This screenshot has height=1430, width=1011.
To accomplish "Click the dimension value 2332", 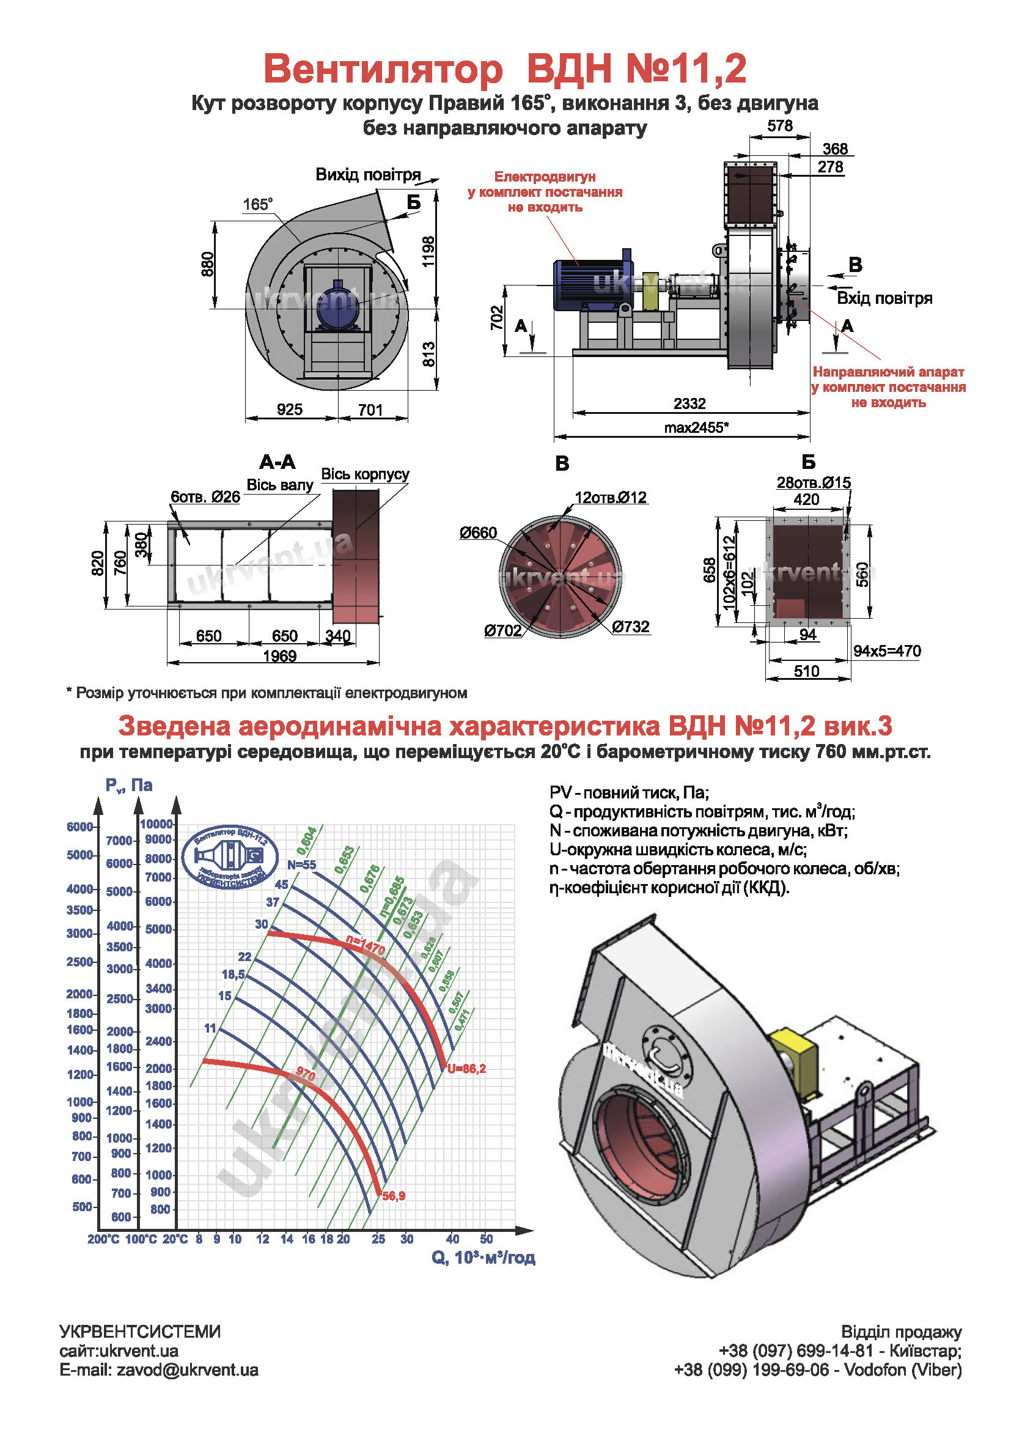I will (x=689, y=404).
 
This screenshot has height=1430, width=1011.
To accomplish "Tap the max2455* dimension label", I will (x=696, y=427).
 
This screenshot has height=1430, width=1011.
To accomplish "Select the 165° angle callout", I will (x=257, y=204).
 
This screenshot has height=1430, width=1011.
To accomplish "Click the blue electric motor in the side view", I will (x=589, y=284).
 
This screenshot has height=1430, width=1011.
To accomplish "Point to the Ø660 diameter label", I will (x=478, y=533).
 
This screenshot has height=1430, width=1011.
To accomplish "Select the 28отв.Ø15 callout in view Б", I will (x=813, y=482).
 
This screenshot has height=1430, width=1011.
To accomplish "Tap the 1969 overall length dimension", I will (x=279, y=656).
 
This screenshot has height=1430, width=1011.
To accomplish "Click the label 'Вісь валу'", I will (x=279, y=485).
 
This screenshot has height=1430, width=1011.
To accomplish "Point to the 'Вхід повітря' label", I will (x=884, y=298).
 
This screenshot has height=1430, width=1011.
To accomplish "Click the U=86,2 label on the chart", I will (x=466, y=1069).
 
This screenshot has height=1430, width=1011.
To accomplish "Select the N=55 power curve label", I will (x=301, y=865).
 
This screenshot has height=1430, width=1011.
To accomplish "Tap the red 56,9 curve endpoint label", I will (x=394, y=1196).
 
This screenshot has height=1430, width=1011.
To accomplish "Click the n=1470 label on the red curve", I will (x=366, y=946).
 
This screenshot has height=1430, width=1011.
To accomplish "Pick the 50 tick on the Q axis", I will (x=486, y=1239).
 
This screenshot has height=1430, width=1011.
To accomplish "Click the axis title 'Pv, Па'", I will (x=129, y=786).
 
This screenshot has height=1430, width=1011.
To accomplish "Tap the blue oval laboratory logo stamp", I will (x=230, y=858).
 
